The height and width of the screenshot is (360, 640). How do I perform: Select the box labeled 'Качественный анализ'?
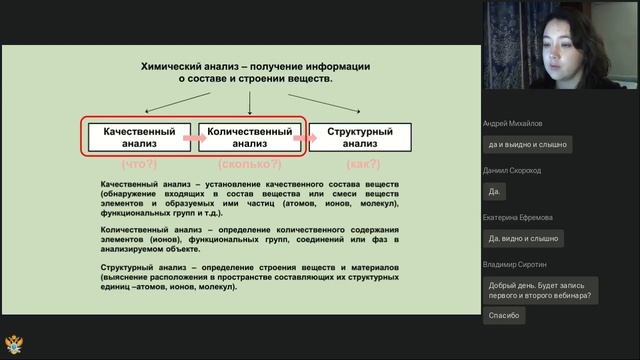(139, 138)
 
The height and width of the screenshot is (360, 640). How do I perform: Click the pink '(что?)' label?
(139, 163)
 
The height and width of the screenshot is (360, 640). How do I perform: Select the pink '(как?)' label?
(361, 163)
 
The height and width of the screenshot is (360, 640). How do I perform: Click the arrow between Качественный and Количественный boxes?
(194, 138)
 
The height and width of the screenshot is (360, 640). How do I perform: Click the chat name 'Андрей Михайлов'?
(513, 123)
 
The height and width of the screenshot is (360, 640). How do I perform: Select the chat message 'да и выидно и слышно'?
(527, 144)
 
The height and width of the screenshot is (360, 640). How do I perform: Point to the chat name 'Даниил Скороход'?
(512, 170)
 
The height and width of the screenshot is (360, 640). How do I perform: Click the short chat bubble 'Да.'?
(494, 191)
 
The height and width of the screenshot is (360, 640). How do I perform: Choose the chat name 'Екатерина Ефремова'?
(517, 217)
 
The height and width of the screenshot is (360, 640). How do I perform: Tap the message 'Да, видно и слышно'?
(523, 238)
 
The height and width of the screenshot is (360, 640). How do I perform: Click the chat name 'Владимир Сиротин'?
(515, 264)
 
